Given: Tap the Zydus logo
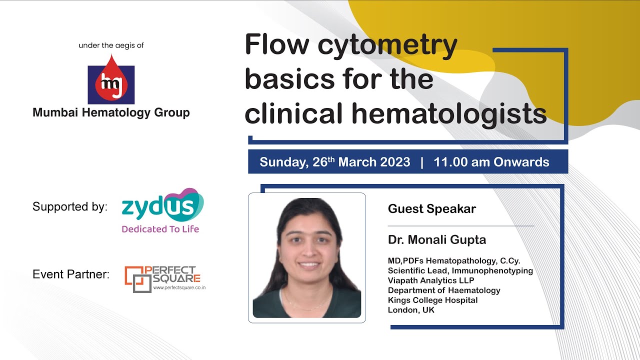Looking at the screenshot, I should point(162,205).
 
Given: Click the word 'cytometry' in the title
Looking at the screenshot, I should point(387,45).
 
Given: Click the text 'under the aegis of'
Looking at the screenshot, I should point(111,45).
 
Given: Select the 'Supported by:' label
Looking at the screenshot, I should point(70,206).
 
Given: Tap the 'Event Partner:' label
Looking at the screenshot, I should point(71,274).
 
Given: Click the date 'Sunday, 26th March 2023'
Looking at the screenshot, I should point(334,162).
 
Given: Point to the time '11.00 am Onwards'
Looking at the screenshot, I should point(491,162).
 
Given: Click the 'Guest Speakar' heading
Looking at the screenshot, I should point(431,208).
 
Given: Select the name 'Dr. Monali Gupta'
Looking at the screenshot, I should point(436,239).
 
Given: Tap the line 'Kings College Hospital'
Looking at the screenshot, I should point(432,300).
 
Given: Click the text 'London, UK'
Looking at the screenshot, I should point(411,310).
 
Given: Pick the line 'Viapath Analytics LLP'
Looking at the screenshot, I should point(430,280).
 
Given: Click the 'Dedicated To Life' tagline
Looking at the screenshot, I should point(160,229).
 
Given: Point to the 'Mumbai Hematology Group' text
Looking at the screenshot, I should point(111,112).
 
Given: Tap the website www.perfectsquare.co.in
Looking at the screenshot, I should point(179,287).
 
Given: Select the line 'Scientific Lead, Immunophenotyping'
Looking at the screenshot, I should point(460,270).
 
